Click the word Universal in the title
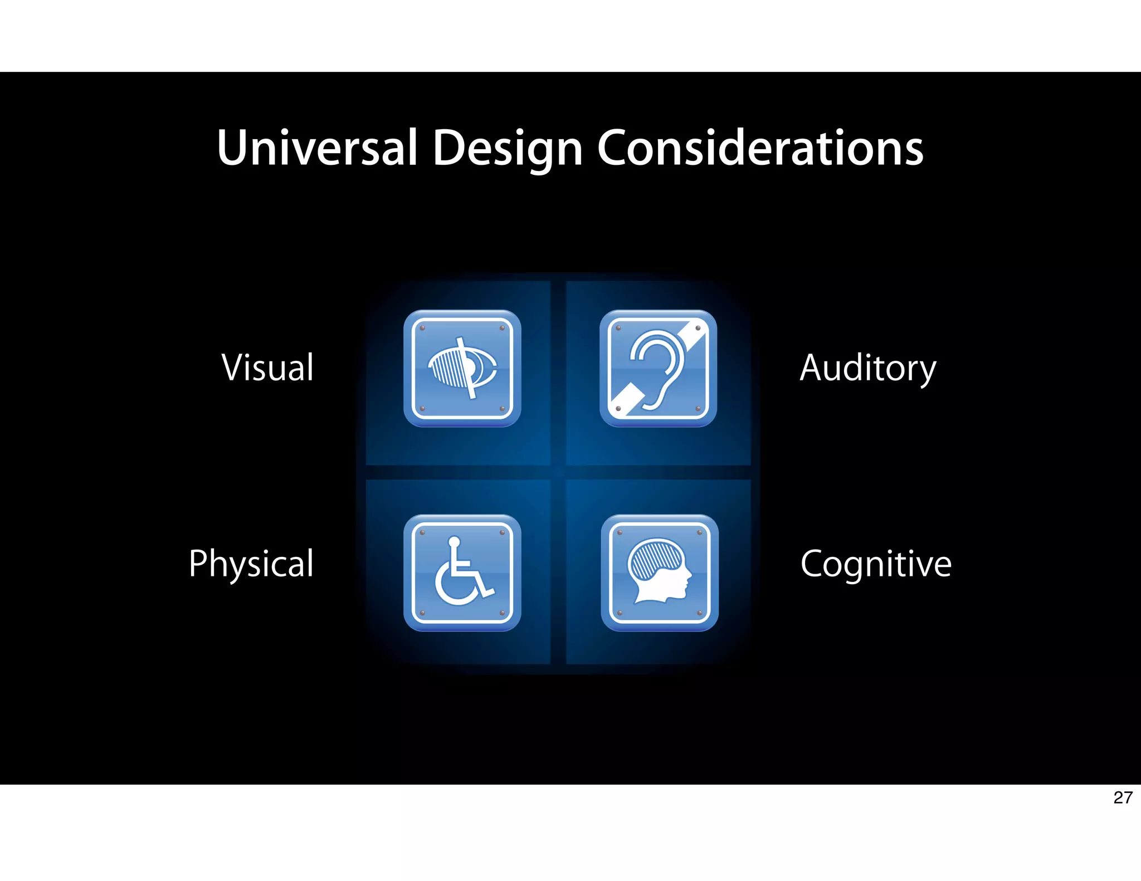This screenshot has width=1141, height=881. [317, 148]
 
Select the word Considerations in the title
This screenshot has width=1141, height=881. [760, 148]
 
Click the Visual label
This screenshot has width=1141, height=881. [268, 368]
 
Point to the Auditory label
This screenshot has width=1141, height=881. [867, 369]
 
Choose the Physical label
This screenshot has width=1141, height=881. [251, 564]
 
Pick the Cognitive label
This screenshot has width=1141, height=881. [876, 564]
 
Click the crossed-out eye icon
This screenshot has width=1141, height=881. [462, 369]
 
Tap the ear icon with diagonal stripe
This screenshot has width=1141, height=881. [658, 369]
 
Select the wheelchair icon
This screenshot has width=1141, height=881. [462, 572]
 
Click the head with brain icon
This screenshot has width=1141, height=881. [660, 572]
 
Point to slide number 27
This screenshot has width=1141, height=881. [1123, 797]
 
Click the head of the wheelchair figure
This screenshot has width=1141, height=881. [454, 541]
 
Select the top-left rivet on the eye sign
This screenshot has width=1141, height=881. [422, 328]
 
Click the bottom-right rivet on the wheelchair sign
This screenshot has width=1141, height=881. [502, 613]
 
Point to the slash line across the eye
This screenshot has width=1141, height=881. [466, 368]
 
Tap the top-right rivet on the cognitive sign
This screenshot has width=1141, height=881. [700, 532]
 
